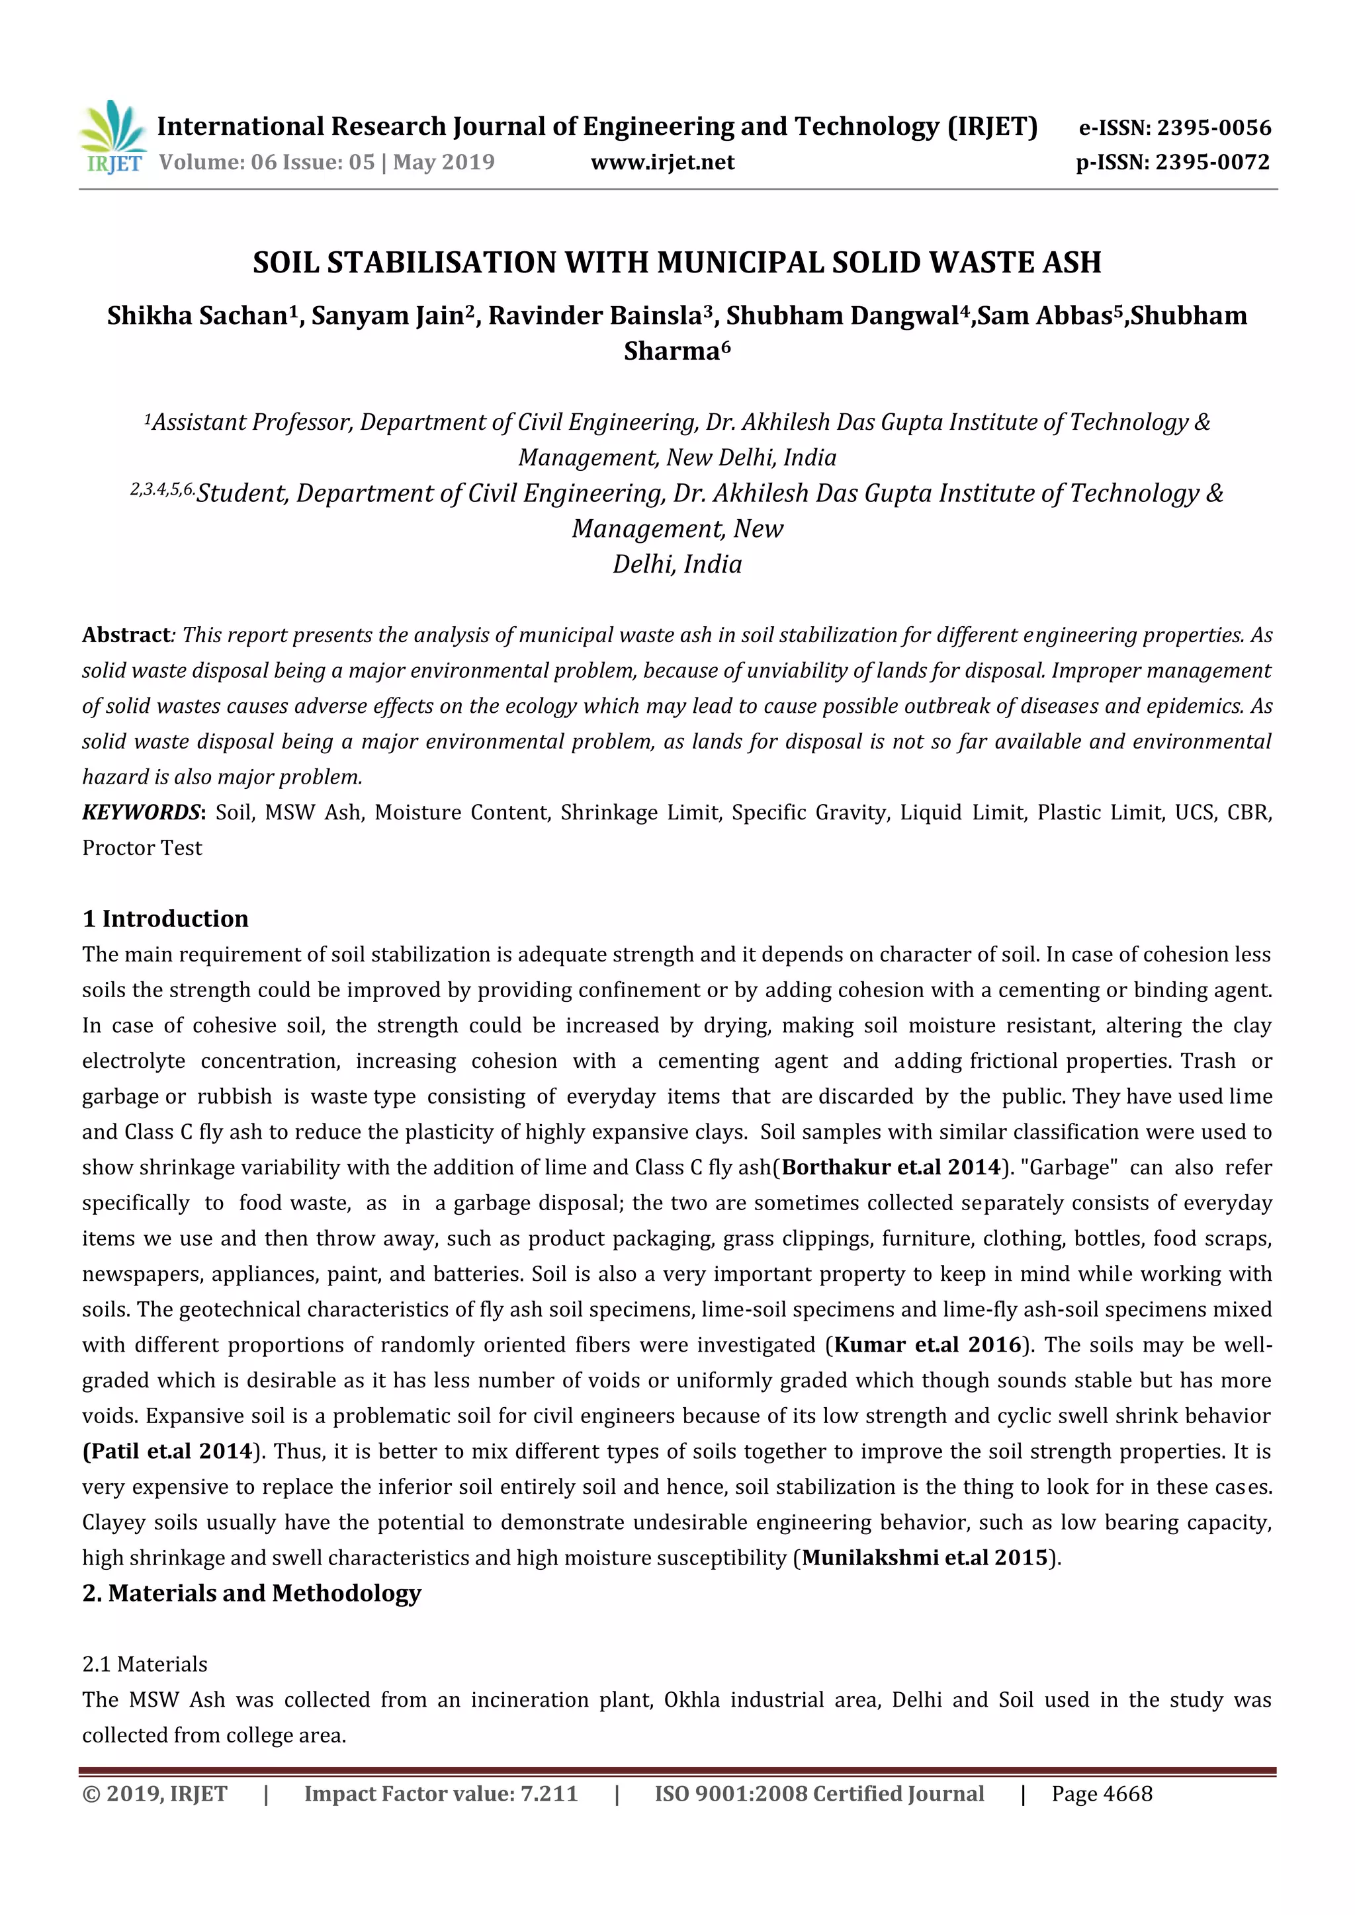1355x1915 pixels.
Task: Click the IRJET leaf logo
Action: pos(112,136)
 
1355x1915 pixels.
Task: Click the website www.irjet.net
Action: pos(662,162)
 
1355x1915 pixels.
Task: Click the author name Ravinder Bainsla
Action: pos(595,315)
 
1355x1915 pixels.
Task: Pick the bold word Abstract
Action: pos(126,635)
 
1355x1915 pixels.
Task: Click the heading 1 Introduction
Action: pos(165,918)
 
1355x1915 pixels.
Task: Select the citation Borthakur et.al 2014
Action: pos(891,1167)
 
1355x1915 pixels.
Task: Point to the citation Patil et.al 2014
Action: pos(167,1451)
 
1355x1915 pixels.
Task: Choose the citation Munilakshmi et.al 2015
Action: pos(924,1557)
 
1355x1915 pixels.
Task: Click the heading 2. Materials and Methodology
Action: pos(251,1593)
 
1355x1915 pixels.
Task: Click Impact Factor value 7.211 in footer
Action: pos(441,1794)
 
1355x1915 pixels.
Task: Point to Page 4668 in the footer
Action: pos(1102,1794)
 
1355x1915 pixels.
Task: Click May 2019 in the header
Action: pos(444,162)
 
